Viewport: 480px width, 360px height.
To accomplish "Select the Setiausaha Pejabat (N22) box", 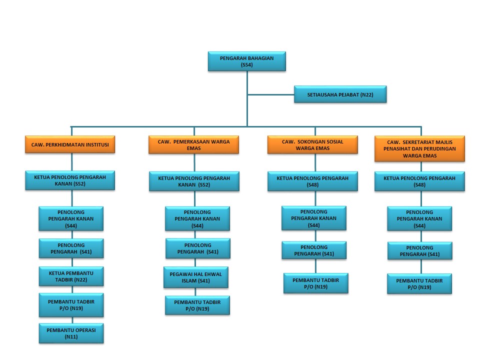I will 340,94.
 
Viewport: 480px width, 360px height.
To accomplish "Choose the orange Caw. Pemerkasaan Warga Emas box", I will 193,144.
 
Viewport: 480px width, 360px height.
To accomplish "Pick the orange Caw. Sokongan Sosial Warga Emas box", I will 312,144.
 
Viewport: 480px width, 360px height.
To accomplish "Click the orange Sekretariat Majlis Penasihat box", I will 419,148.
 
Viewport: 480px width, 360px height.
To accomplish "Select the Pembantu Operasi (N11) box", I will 71,333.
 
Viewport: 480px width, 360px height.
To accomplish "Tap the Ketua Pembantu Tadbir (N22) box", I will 71,276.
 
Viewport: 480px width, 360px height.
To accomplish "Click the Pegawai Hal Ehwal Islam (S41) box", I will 196,277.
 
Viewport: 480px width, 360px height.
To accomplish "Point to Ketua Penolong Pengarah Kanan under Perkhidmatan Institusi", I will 70,180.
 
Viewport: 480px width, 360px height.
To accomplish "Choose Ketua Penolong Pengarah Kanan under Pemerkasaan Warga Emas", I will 193,181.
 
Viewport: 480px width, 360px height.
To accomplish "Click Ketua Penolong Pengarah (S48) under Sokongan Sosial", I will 312,181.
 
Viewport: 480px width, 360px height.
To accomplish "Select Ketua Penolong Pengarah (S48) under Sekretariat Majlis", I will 419,181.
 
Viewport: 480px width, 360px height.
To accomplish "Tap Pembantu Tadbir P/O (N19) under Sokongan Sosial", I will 315,283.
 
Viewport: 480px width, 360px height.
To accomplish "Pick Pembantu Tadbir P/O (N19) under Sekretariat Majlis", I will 419,283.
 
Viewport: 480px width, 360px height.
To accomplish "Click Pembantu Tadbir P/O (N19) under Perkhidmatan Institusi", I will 71,305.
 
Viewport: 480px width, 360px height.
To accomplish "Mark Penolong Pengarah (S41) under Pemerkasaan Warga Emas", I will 198,248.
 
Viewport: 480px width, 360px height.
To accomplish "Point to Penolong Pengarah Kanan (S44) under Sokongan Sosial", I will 313,218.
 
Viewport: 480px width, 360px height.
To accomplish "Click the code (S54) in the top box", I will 246,65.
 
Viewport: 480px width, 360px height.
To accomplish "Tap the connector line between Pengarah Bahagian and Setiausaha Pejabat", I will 270,94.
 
